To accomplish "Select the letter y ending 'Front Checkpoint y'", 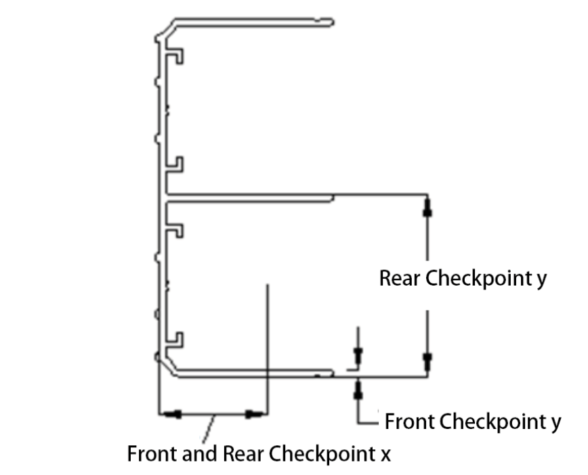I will coord(555,424).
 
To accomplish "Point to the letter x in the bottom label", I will coord(385,453).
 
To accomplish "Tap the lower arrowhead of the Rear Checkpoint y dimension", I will coord(427,359).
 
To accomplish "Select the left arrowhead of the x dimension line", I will coord(171,413).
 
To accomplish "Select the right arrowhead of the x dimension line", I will coord(255,413).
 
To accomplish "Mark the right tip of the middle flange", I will coord(333,198).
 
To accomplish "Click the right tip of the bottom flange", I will coord(333,372).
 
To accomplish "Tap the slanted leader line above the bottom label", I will coord(211,426).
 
